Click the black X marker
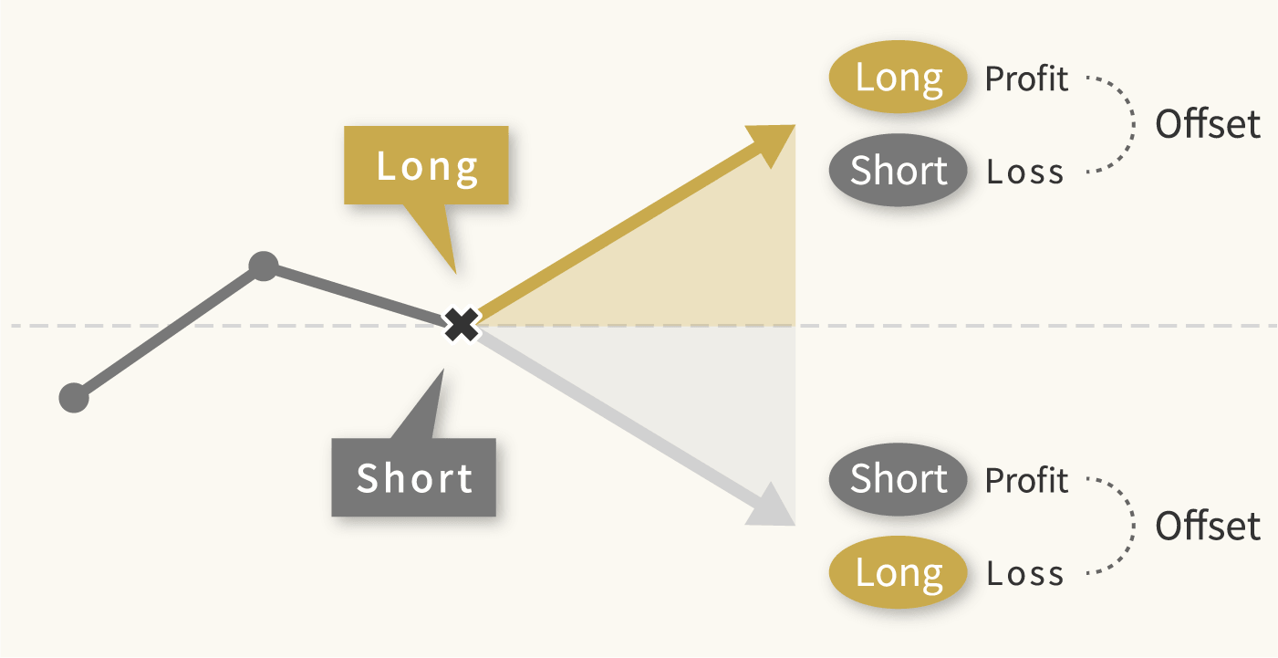[x=462, y=325]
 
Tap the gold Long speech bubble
[x=426, y=165]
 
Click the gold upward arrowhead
[x=773, y=143]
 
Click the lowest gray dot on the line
[x=74, y=398]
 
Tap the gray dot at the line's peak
[x=264, y=266]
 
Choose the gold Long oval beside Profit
[x=898, y=77]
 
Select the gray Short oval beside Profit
[x=898, y=479]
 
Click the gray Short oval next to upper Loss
[x=898, y=170]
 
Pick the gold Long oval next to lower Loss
[x=898, y=572]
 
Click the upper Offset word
[x=1208, y=124]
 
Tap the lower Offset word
[x=1208, y=526]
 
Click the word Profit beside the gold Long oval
[x=1026, y=78]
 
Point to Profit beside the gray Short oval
[x=1026, y=480]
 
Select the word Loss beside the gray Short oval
[x=1025, y=172]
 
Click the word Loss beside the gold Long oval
[x=1025, y=573]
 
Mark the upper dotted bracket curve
[x=1133, y=124]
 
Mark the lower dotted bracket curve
[x=1133, y=526]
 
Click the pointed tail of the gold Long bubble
[x=455, y=273]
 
